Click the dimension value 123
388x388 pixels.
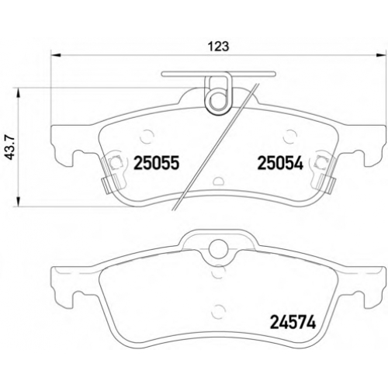point(219,47)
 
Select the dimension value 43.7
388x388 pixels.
point(11,148)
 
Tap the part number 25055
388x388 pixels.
point(156,163)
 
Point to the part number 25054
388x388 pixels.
point(280,163)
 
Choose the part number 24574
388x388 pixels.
point(293,322)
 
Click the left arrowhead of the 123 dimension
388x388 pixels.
point(56,55)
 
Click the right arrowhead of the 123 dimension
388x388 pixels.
point(380,55)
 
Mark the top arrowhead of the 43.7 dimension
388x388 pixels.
point(18,93)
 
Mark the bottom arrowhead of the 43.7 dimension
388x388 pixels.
point(18,202)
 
